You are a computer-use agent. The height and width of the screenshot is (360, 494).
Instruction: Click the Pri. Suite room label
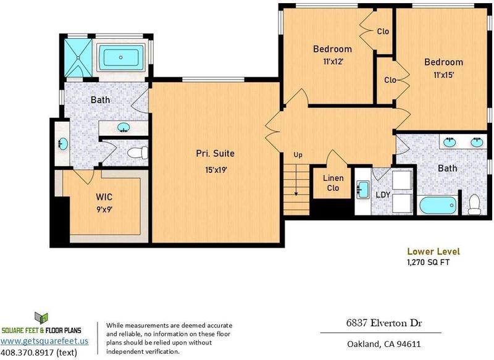tap(215, 153)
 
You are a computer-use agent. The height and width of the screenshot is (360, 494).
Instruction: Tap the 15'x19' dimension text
tap(216, 170)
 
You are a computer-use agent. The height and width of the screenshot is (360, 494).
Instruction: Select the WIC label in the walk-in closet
tap(104, 197)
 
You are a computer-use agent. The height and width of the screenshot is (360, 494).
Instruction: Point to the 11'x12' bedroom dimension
tap(333, 61)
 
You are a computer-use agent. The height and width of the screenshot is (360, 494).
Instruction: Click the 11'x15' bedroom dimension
tap(443, 75)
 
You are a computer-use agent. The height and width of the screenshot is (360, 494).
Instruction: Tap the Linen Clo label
tap(333, 183)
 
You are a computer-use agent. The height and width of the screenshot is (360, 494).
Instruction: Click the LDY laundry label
tap(383, 195)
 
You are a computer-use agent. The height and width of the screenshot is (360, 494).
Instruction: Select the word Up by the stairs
tap(298, 155)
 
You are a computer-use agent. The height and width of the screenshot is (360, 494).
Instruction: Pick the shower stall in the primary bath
tap(78, 57)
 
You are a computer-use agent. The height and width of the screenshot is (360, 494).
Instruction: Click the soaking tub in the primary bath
tap(121, 57)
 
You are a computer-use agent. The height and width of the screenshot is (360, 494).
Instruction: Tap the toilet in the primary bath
tap(138, 153)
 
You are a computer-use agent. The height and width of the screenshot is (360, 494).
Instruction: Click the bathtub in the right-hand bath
tap(438, 206)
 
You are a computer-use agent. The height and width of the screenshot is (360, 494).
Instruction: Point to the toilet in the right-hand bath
tap(474, 204)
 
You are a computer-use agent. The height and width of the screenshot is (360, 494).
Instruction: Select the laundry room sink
tap(362, 190)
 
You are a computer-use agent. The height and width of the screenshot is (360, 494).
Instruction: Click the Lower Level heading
tap(433, 251)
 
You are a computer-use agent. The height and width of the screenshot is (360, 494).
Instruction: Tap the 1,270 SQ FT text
tap(429, 262)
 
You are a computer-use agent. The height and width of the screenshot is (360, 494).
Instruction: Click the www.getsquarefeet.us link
tap(44, 341)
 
